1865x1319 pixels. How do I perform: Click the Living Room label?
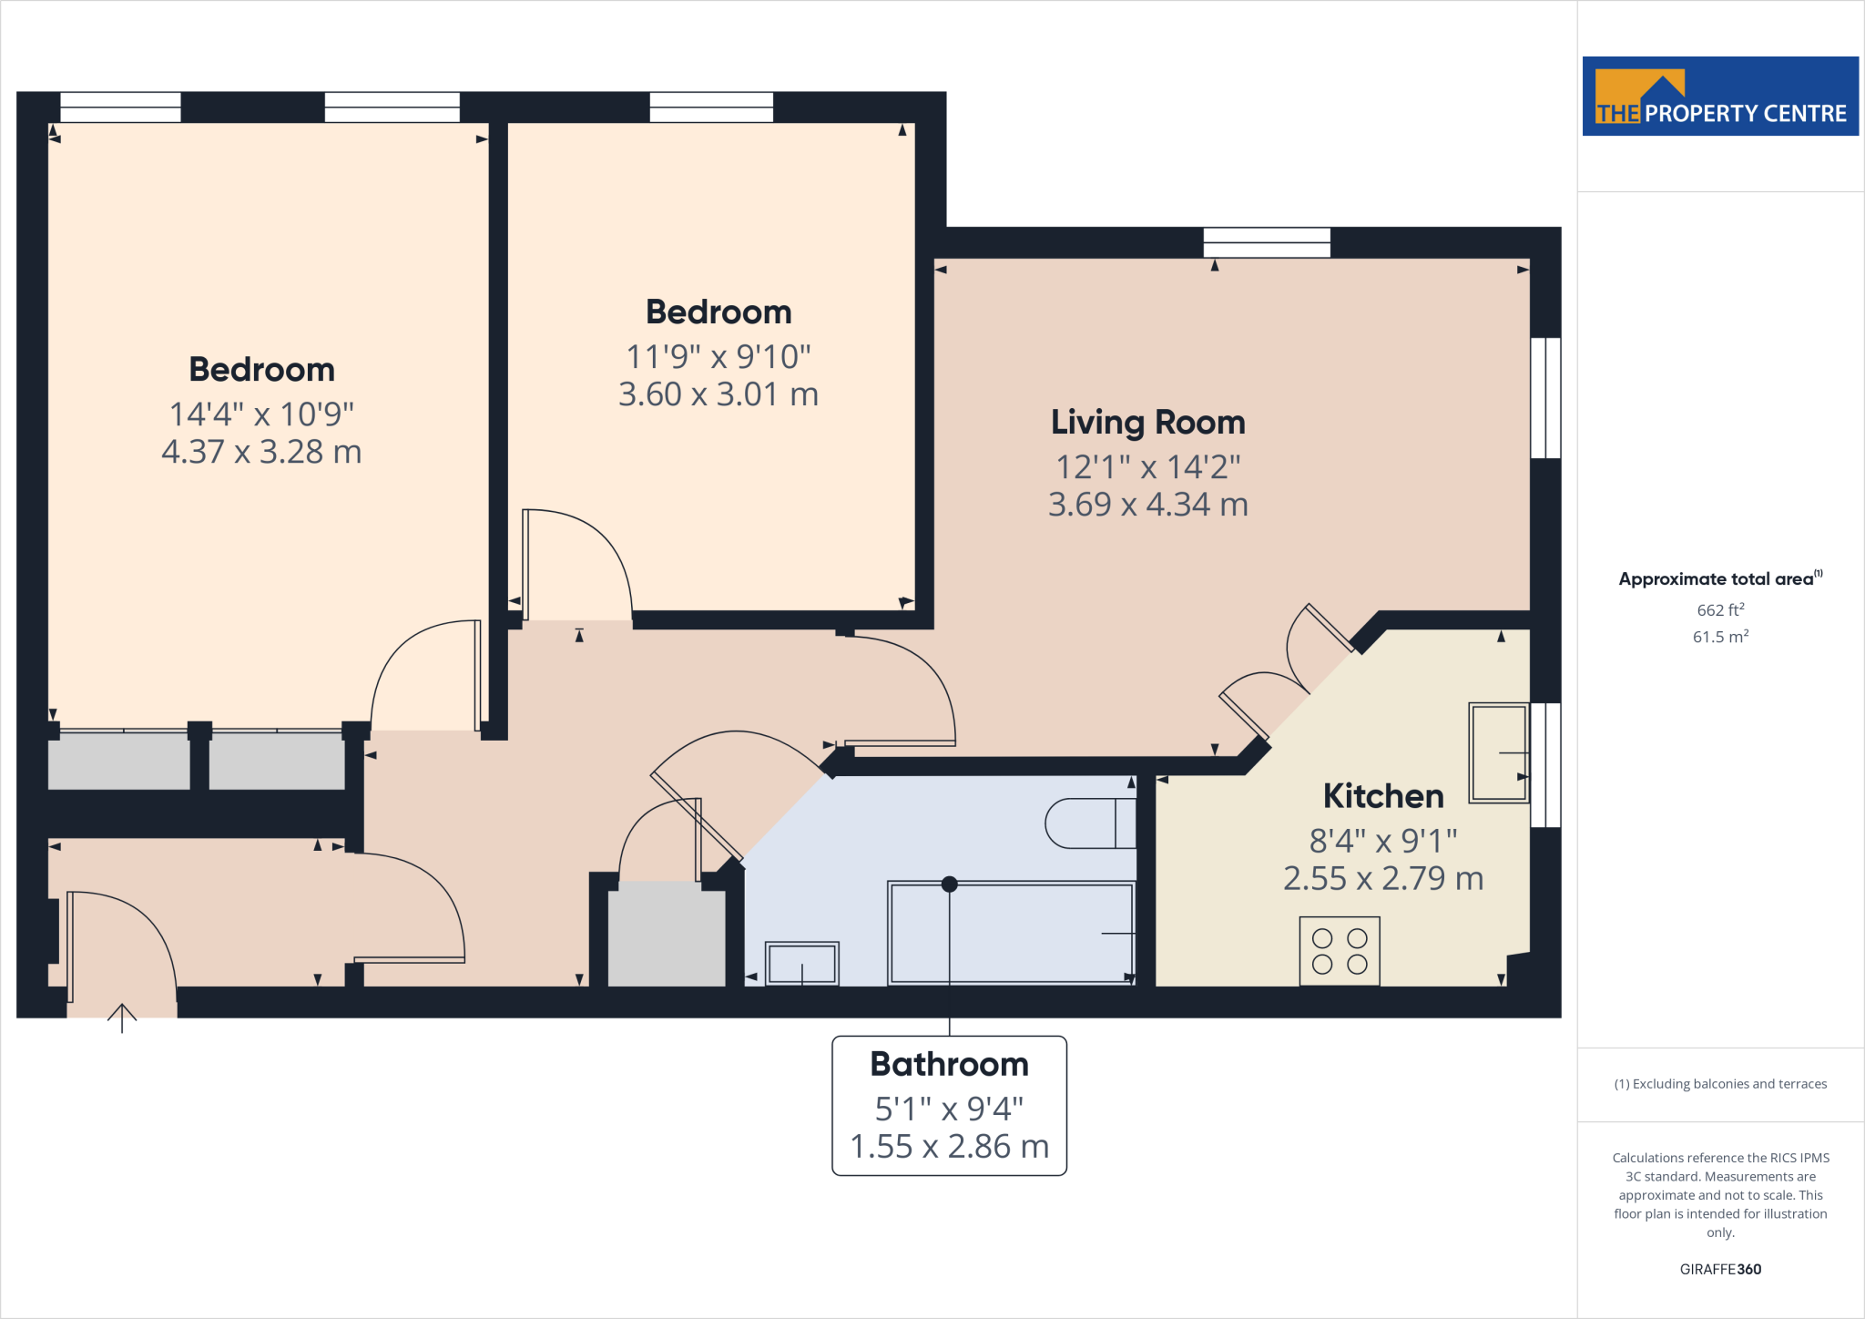[x=1147, y=423]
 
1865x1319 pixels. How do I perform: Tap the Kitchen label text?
[x=1382, y=796]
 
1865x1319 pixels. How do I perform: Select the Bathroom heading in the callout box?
[x=949, y=1064]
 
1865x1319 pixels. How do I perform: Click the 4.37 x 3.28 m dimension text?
[x=261, y=452]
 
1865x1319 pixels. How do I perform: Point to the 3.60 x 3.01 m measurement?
[x=718, y=394]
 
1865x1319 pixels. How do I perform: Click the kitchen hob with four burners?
[x=1339, y=951]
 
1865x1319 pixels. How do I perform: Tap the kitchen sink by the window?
[x=1498, y=752]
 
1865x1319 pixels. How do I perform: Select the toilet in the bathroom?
[x=1088, y=823]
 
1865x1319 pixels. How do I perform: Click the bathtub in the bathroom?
[x=1011, y=933]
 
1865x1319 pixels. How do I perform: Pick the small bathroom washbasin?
[x=801, y=963]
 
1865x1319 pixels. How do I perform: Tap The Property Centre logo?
[x=1719, y=97]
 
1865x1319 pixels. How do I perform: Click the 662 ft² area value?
[x=1719, y=609]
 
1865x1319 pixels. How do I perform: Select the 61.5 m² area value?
[x=1719, y=637]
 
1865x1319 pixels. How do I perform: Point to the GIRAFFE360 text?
[x=1719, y=1269]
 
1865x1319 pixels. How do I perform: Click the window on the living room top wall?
[x=1266, y=242]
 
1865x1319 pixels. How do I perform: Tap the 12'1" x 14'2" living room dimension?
[x=1147, y=467]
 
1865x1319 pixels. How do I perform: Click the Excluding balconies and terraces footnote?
[x=1719, y=1084]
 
